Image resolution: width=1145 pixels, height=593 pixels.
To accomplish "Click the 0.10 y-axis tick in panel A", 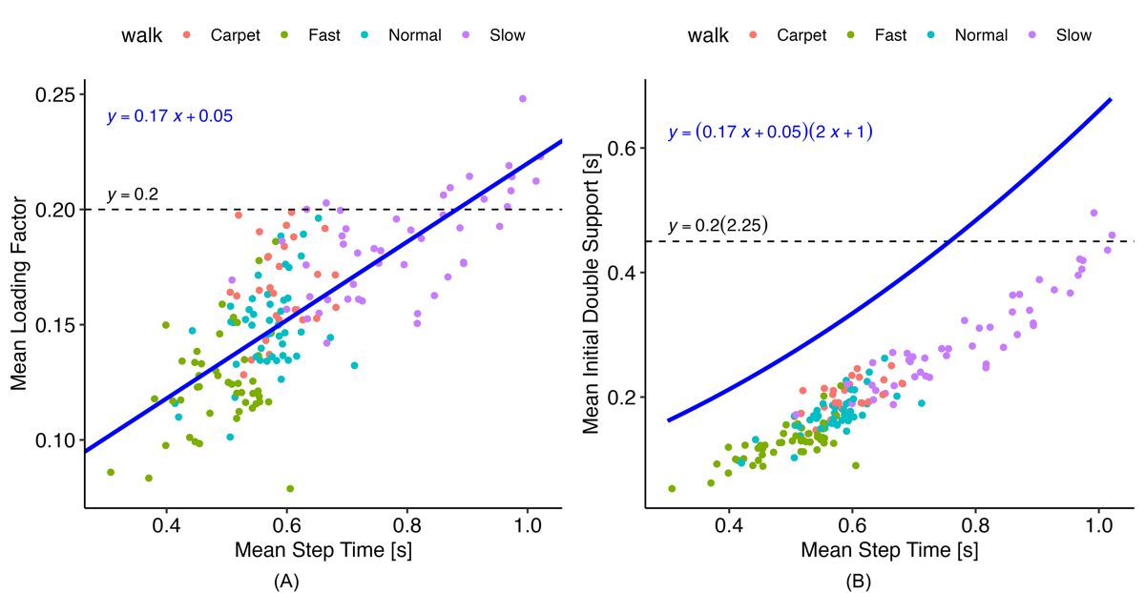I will pos(56,440).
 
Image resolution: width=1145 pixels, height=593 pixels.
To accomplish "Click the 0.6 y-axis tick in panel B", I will pos(624,148).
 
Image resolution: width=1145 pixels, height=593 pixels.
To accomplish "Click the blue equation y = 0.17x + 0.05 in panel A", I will pos(170,117).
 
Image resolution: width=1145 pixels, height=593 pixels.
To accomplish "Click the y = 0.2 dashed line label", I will pos(132,195).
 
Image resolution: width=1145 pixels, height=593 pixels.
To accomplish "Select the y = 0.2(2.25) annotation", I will pos(718,226).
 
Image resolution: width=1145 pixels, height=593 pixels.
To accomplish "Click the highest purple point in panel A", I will pos(522,98).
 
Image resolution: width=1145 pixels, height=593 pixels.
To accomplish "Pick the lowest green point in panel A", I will pos(290,488).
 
